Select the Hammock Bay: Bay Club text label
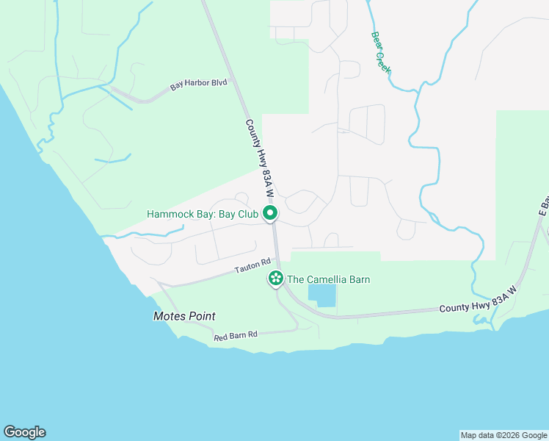tap(203, 215)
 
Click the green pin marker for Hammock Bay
tap(270, 214)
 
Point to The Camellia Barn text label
tap(328, 279)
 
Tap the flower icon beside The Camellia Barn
tap(276, 279)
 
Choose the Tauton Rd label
tap(253, 265)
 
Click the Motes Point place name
tap(184, 316)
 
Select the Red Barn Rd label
tap(236, 336)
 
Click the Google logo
tap(24, 432)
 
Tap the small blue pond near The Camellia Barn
tap(321, 296)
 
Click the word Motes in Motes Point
tap(169, 316)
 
